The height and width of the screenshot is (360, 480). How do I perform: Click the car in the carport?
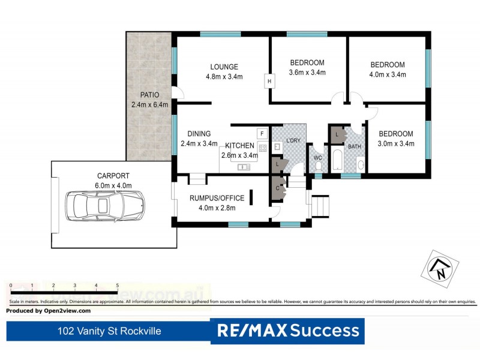(103, 206)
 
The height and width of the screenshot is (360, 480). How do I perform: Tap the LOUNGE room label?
(224, 67)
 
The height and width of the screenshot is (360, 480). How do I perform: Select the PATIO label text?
(149, 95)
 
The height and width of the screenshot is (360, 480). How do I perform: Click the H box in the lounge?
(269, 82)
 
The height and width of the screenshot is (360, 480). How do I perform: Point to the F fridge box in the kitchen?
(262, 133)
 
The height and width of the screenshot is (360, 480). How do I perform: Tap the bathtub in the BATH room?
(337, 162)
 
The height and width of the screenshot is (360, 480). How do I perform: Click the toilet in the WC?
(319, 165)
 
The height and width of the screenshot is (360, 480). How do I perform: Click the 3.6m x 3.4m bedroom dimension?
(307, 73)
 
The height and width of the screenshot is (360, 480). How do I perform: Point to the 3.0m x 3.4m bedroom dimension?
(395, 143)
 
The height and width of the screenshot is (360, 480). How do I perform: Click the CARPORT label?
(113, 176)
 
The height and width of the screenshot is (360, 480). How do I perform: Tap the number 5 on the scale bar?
(117, 286)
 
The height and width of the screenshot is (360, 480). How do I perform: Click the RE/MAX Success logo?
(288, 331)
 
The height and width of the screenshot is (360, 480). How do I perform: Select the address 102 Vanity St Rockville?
(109, 331)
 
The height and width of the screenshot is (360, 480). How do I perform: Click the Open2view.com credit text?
(48, 311)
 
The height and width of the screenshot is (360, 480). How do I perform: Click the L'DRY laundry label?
(293, 140)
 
